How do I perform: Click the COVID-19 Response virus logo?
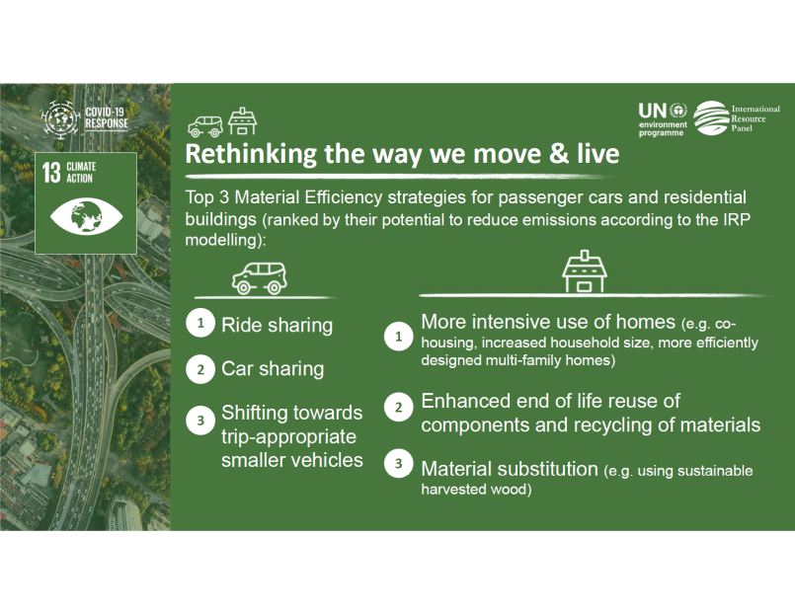tap(60, 119)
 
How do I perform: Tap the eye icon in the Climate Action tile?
tap(86, 217)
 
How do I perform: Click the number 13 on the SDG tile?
tap(51, 172)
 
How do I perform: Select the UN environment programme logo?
tap(662, 119)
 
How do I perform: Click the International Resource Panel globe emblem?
tap(711, 118)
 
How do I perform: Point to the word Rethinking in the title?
tap(251, 154)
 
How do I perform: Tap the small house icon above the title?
tap(242, 121)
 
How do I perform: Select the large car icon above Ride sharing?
tap(260, 278)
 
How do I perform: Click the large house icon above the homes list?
tap(585, 271)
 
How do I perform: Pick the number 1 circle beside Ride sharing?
tap(200, 323)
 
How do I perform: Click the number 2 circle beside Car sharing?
tap(200, 369)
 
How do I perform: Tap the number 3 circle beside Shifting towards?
tap(200, 420)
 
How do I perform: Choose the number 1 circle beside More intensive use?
tap(398, 337)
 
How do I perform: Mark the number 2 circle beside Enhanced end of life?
tap(398, 408)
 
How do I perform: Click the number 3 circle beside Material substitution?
tap(398, 463)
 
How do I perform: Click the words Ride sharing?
tap(277, 325)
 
